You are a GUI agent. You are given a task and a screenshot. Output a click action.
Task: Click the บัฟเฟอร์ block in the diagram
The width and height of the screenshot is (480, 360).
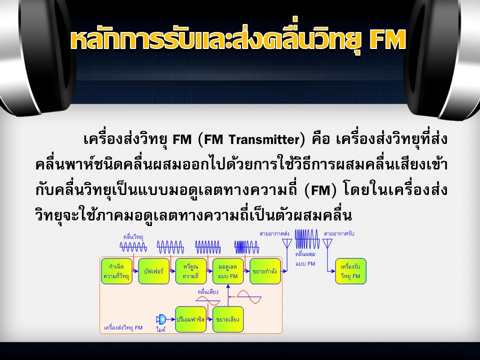click(x=153, y=271)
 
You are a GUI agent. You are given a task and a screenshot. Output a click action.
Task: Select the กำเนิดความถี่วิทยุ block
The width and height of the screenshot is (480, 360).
click(x=116, y=271)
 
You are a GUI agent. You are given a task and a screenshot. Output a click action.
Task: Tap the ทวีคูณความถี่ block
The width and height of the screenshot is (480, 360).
click(x=191, y=271)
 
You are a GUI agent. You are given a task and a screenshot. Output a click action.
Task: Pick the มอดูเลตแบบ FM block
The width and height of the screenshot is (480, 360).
click(x=228, y=271)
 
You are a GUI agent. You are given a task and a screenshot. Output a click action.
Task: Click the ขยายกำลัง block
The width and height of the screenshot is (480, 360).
click(x=265, y=271)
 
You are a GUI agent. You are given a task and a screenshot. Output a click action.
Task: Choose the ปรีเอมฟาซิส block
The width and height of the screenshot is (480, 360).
click(x=191, y=319)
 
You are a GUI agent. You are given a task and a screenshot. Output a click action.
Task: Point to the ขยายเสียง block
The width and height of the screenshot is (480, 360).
click(x=228, y=319)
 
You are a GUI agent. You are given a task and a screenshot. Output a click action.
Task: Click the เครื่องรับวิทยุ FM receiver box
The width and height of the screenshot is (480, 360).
click(x=351, y=271)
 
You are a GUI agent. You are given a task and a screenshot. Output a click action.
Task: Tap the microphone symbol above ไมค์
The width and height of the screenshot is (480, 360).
click(x=161, y=319)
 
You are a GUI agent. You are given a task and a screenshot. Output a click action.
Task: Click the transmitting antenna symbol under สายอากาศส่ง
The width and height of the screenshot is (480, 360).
click(x=287, y=244)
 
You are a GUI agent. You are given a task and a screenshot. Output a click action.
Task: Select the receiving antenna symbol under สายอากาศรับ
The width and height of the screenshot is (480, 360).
click(x=327, y=244)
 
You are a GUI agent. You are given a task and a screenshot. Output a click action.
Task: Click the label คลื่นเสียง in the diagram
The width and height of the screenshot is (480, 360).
click(x=208, y=292)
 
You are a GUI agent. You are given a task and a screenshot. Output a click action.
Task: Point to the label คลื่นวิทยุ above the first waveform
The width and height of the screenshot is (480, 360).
click(x=133, y=236)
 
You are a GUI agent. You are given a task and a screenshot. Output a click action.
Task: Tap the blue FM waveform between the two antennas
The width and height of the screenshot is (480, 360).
click(x=307, y=239)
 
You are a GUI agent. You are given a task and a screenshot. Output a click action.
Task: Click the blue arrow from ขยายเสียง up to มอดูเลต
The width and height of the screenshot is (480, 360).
click(x=228, y=295)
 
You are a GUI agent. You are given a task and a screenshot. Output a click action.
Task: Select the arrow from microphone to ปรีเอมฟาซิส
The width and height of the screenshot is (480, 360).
click(x=171, y=319)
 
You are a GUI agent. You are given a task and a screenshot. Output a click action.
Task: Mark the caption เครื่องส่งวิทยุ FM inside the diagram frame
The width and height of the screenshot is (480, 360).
click(x=123, y=328)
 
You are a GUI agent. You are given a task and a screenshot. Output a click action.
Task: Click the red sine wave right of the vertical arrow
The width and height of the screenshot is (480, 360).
click(x=249, y=296)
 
